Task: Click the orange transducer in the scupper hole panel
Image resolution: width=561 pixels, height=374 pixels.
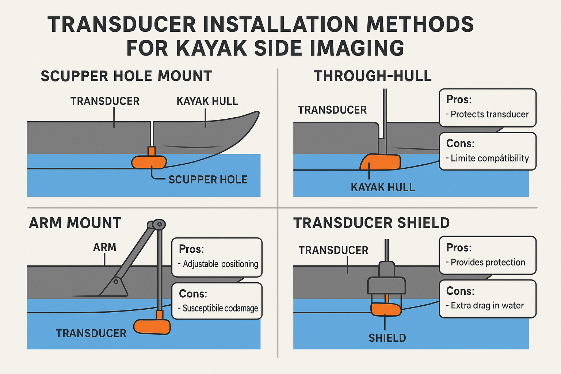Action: (149, 162)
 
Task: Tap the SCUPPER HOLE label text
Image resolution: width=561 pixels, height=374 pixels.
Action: (208, 180)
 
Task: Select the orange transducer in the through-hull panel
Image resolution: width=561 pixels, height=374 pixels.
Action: (380, 162)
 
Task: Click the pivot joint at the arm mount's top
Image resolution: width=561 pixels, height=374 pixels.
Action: (157, 225)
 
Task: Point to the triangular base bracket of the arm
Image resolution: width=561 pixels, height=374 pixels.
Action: (115, 287)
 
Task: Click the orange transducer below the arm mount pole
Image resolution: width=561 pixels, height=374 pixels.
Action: (152, 327)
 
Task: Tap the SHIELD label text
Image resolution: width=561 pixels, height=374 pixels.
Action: (387, 338)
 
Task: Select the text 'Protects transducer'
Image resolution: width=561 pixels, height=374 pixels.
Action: (489, 114)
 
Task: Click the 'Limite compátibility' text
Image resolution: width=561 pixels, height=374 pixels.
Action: (489, 158)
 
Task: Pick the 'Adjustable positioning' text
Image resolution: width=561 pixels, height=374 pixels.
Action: (220, 264)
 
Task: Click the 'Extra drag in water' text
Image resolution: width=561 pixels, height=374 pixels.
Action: (487, 305)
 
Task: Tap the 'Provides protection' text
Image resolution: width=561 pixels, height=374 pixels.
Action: (488, 262)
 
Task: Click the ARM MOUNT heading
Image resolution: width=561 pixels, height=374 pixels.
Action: (75, 223)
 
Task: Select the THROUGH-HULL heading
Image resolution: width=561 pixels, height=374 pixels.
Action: (373, 76)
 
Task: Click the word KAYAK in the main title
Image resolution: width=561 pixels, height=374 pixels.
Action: (212, 48)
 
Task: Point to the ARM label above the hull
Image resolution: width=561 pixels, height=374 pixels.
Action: (105, 247)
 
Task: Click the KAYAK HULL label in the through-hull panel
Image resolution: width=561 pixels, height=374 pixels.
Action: (383, 187)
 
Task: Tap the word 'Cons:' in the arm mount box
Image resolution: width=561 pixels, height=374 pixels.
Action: (193, 294)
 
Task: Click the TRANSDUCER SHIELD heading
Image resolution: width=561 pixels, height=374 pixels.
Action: (371, 223)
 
